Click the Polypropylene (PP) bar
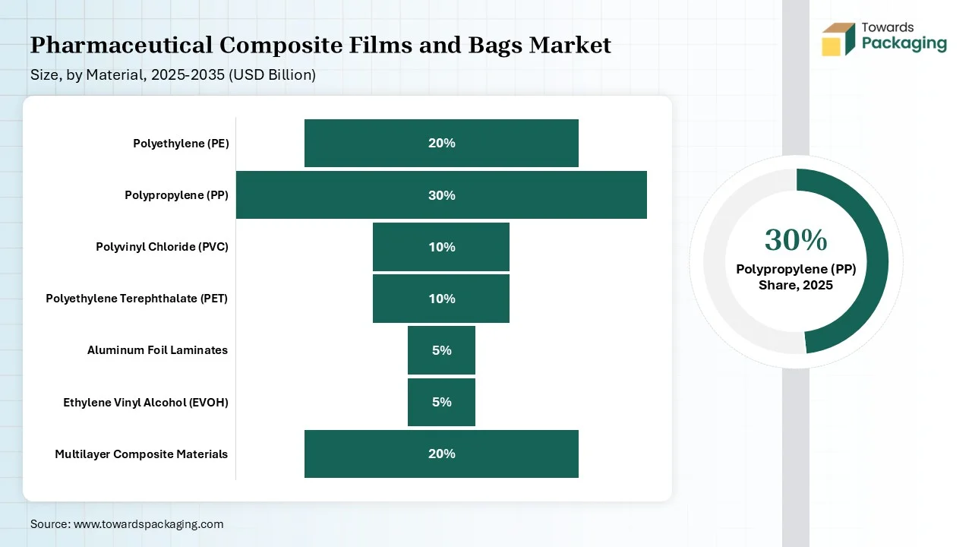pos(441,195)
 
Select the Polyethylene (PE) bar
pos(441,144)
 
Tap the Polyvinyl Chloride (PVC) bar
pos(441,247)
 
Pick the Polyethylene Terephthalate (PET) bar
pos(441,299)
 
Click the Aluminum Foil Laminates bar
pos(441,350)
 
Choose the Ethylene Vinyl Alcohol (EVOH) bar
pos(441,402)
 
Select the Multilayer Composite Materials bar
pos(441,454)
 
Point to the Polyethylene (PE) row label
pos(181,144)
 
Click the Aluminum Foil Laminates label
pos(157,350)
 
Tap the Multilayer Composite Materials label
pos(141,454)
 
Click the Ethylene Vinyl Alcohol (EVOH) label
pos(146,403)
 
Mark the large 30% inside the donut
pos(796,239)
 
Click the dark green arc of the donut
pos(877,261)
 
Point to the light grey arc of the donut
pos(715,261)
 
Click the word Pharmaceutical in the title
pos(121,45)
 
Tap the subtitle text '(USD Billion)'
pos(272,75)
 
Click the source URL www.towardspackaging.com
pos(148,524)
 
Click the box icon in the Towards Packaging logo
pos(838,39)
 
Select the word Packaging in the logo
pos(904,44)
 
